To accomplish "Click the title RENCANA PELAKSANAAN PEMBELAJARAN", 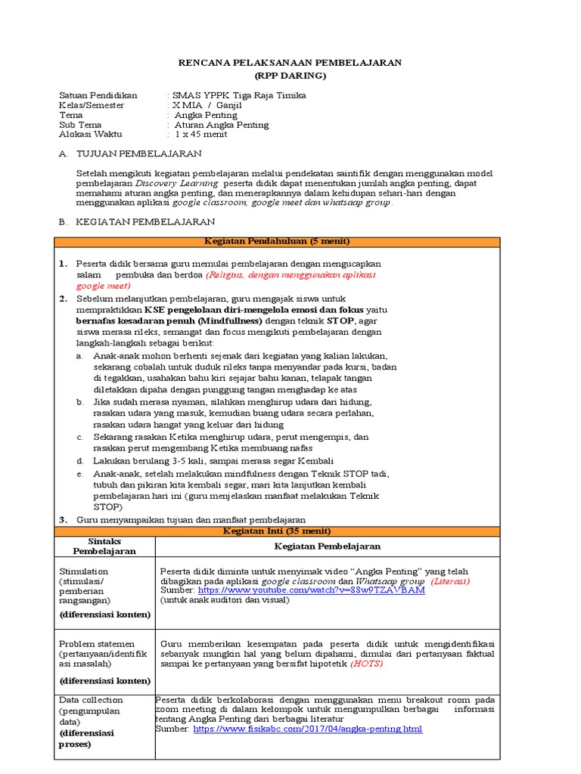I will [290, 62].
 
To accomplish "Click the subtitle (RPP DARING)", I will [290, 76].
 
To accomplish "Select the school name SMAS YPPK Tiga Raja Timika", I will [239, 95].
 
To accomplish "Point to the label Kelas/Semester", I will [91, 105].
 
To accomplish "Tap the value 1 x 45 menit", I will [203, 135].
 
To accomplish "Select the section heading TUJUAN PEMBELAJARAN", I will [139, 153].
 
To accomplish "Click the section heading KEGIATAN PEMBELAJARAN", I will [145, 221].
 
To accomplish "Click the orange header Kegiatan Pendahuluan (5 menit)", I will [277, 241].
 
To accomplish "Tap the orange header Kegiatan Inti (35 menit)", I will [277, 531].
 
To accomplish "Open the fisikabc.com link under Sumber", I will [308, 729].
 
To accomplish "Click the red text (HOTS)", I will [366, 664].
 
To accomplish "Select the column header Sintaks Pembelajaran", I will [105, 546].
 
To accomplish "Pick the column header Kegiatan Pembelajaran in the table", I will [327, 546].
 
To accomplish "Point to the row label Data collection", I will [91, 700].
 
